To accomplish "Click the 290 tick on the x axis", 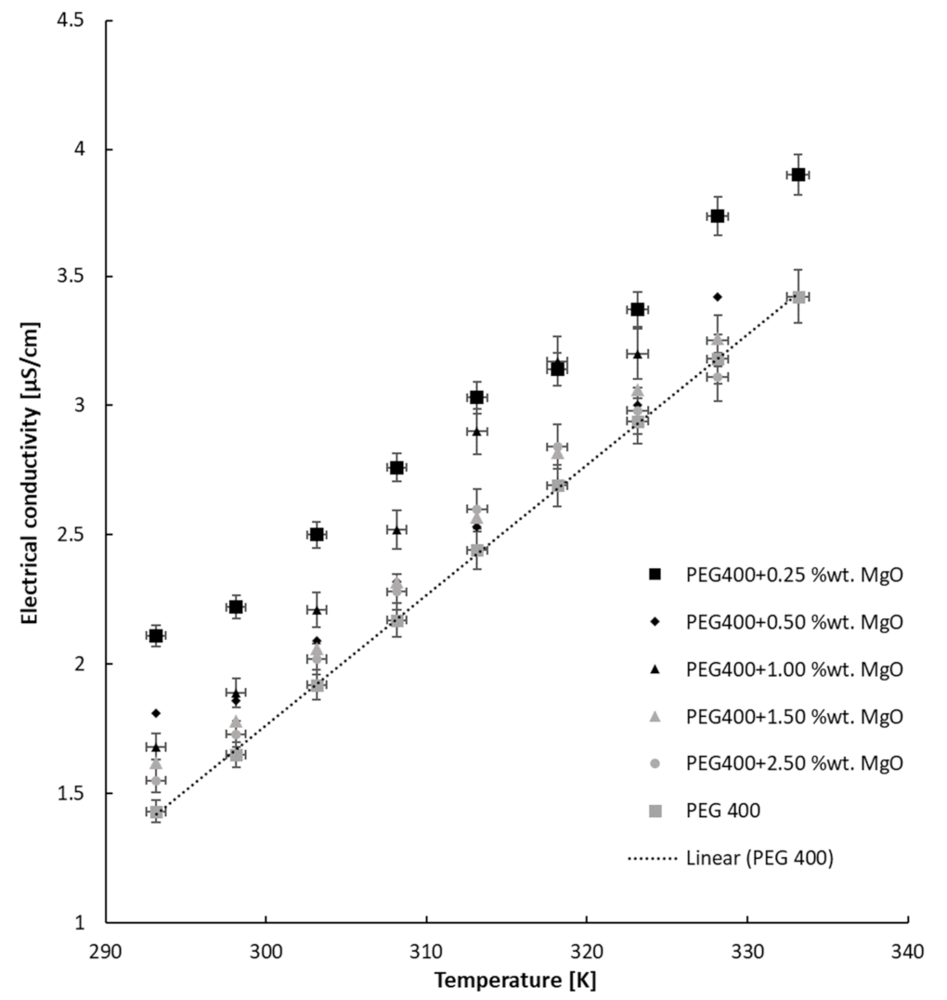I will click(106, 951).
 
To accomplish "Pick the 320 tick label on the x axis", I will click(587, 951).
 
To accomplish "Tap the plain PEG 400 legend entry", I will click(723, 811).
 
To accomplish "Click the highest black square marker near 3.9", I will click(798, 175).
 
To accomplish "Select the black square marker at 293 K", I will click(156, 636).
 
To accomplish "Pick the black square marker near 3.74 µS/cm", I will click(717, 215).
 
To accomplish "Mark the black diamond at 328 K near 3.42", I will click(717, 297).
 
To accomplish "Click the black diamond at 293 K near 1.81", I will click(156, 713).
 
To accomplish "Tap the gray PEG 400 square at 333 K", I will click(798, 297).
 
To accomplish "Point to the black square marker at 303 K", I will click(317, 535).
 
